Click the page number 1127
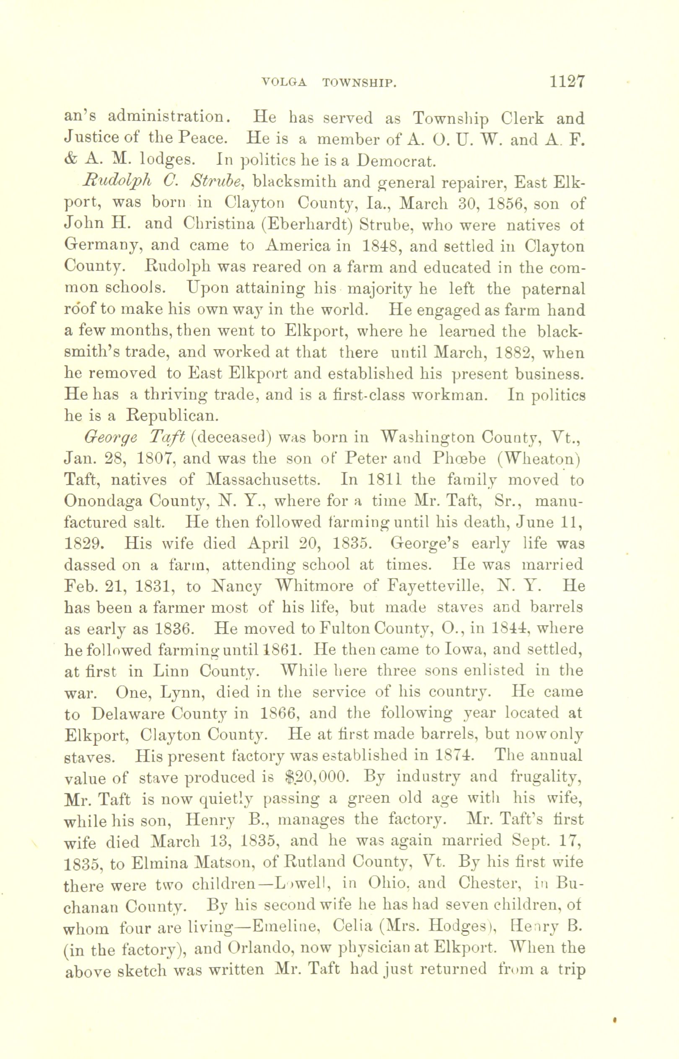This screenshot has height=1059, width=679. click(567, 82)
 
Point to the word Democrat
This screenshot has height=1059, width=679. click(396, 161)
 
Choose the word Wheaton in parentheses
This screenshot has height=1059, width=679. click(536, 458)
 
